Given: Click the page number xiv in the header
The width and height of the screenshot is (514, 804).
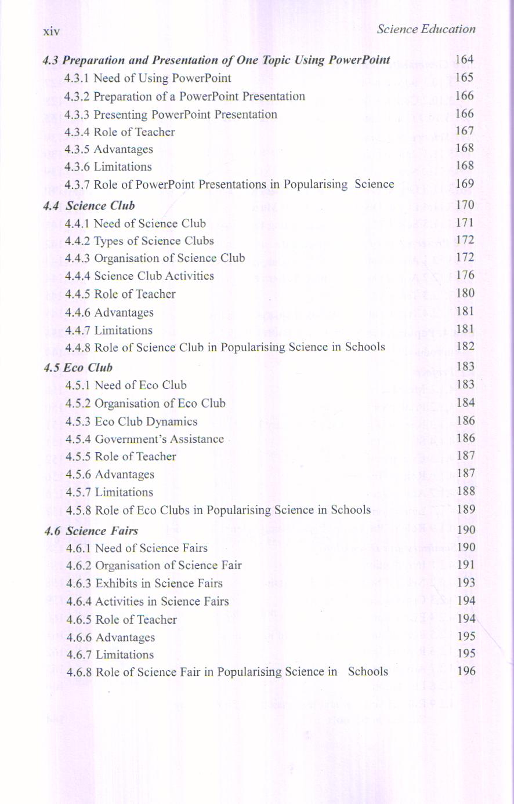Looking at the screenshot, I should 51,31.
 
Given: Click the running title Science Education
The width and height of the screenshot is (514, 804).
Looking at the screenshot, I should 426,29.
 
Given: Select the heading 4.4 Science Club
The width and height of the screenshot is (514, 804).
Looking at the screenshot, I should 89,206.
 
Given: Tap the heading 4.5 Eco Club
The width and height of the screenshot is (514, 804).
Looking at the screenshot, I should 78,368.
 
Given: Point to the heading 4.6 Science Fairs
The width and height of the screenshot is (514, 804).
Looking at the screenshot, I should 91,531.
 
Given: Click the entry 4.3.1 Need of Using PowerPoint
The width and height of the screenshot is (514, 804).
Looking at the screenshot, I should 147,78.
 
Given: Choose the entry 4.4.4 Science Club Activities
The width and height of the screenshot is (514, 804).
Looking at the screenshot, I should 139,276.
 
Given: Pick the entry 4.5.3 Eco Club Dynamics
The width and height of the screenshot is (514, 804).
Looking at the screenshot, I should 131,421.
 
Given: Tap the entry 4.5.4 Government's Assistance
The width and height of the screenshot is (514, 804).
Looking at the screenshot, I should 144,439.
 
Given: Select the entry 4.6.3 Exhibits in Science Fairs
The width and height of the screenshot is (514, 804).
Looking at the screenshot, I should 144,583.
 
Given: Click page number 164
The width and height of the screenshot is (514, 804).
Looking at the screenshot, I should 465,60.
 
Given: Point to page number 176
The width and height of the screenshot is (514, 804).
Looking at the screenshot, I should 465,275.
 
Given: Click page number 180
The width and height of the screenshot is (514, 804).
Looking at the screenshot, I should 465,293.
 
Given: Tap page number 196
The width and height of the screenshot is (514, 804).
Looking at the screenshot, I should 466,671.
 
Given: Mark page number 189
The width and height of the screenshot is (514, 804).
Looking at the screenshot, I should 466,510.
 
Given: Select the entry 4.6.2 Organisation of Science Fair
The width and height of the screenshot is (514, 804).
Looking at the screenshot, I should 154,566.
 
